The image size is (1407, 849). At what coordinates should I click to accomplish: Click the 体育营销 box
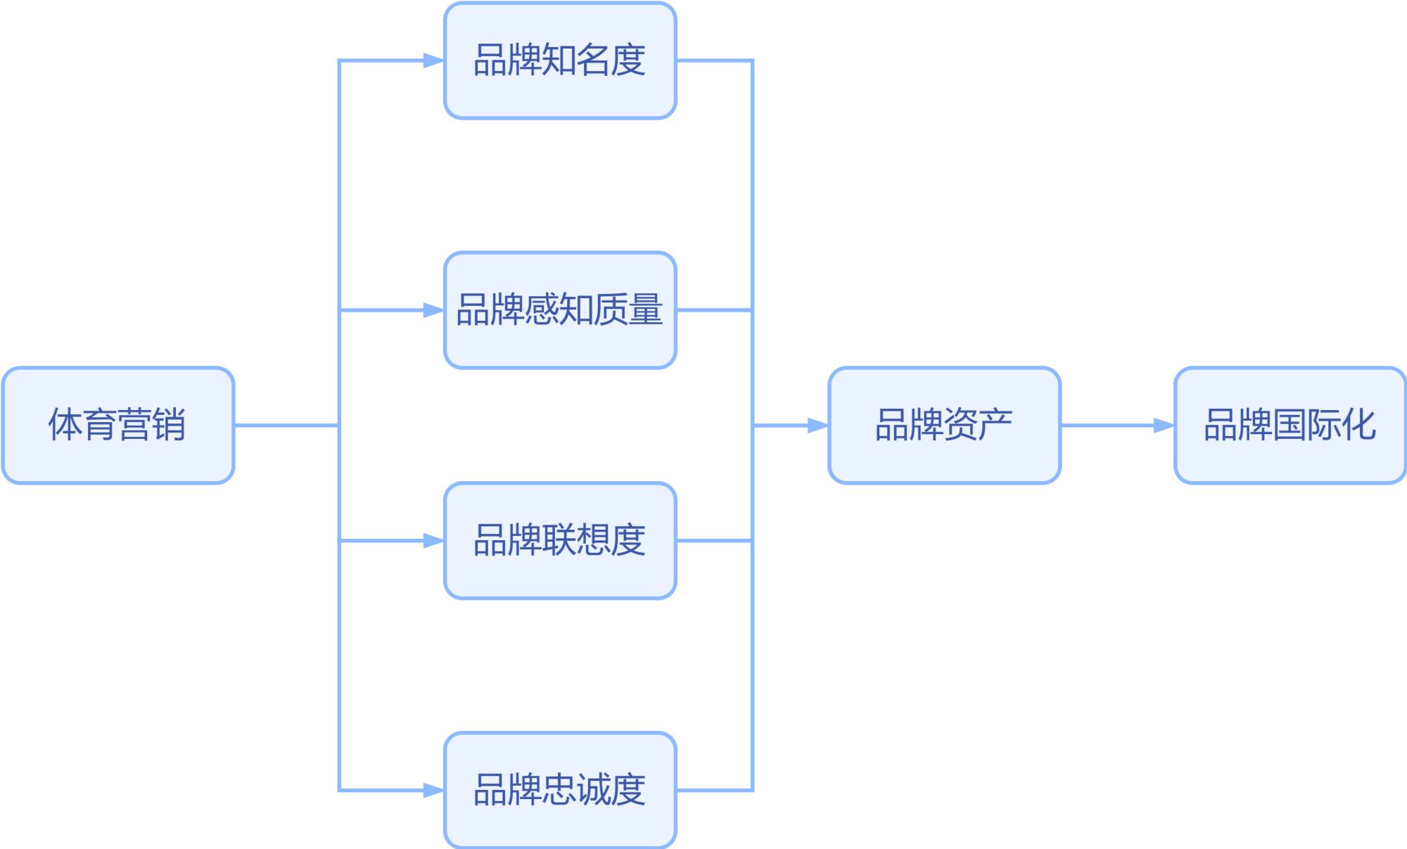click(118, 425)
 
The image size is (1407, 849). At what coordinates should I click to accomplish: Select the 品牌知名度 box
click(560, 60)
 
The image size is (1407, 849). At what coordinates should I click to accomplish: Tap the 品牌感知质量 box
click(560, 309)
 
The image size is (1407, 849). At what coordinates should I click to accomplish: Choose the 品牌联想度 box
click(560, 540)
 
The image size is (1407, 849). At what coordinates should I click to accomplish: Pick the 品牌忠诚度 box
click(560, 790)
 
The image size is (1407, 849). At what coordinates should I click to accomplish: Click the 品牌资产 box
click(944, 425)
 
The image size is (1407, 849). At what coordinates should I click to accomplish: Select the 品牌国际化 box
click(1290, 425)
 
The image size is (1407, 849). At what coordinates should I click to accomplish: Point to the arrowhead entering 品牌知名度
click(433, 60)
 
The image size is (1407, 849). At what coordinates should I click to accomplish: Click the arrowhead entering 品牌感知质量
click(433, 310)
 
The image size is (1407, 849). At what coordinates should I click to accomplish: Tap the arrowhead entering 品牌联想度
click(433, 541)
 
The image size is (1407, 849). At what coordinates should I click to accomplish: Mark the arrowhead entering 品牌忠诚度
click(433, 791)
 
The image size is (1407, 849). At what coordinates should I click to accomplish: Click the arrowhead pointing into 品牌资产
click(817, 426)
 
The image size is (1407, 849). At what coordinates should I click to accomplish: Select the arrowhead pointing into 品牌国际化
click(1164, 426)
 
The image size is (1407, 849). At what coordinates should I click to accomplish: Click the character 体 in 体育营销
click(65, 425)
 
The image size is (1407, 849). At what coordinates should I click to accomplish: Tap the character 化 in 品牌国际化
click(1358, 425)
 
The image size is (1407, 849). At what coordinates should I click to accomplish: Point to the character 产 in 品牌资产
click(995, 425)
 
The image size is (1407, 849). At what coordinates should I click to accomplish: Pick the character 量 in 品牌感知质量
click(646, 309)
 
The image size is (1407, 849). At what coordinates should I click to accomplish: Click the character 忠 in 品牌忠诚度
click(560, 790)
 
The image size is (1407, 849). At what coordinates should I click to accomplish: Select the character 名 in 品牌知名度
click(594, 60)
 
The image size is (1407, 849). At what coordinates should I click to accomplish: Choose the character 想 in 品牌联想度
click(594, 540)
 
